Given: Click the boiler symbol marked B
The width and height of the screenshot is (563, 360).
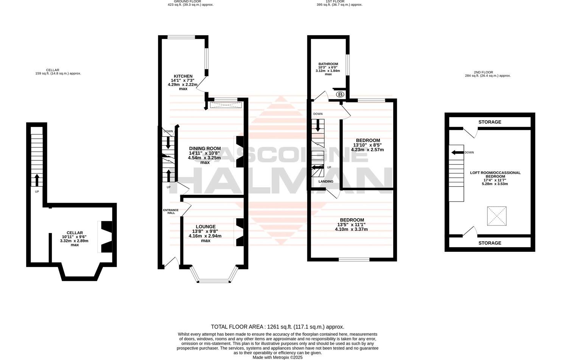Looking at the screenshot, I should coord(340,94).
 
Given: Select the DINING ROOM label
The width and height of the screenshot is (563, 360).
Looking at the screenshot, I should coord(205,149).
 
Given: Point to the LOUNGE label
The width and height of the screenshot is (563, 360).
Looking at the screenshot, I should coord(205,227).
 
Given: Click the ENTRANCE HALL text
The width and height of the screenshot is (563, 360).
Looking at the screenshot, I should coord(171,211).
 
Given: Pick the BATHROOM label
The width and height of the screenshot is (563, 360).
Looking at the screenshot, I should coord(328,64).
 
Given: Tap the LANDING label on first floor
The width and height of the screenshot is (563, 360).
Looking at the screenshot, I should coord(326,182).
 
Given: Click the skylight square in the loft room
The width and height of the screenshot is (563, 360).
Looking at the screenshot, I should coord(496,216).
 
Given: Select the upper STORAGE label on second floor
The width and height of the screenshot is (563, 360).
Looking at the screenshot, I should coord(490,122).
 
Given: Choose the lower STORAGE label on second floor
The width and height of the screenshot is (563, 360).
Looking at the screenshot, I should coord(490,243).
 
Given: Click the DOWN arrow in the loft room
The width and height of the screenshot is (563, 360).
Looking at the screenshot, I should coord(457,152).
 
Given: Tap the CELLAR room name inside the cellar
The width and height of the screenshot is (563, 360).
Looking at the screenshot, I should coord(75,233).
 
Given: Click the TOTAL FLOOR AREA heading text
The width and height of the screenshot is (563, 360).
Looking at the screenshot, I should coord(277,327).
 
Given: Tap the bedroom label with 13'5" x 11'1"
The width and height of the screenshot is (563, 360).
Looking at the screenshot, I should coord(352,220).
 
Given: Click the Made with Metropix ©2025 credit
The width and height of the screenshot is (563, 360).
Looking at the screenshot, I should coord(278,357).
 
